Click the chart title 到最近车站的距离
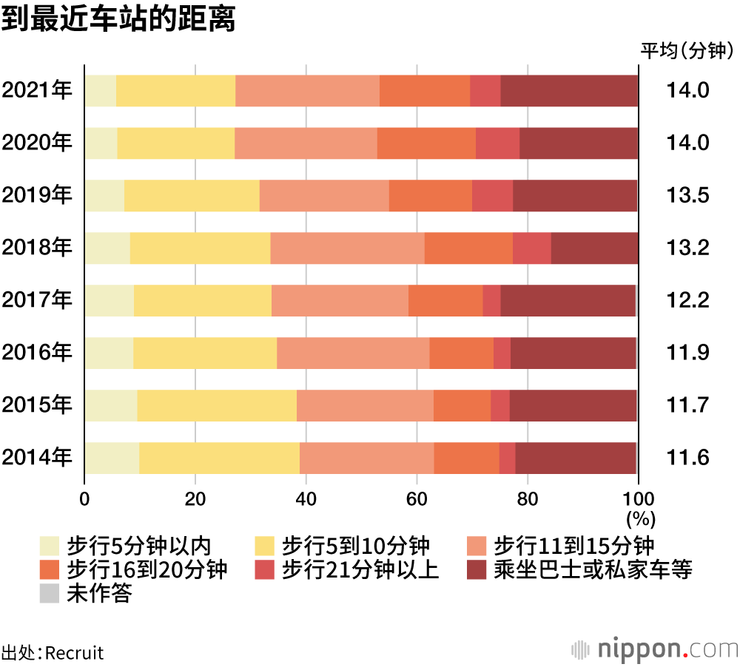click(x=118, y=20)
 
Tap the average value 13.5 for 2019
click(x=688, y=195)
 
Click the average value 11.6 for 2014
click(x=688, y=458)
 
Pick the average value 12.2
click(x=688, y=300)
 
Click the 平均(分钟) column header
click(x=687, y=51)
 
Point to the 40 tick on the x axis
click(x=306, y=497)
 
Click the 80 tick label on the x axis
click(x=528, y=497)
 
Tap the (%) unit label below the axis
click(x=641, y=516)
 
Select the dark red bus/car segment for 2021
click(x=569, y=90)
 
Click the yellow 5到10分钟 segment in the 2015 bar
click(x=217, y=405)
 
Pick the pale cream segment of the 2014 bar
click(x=112, y=458)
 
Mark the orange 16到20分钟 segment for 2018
click(x=468, y=248)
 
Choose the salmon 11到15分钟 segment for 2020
click(x=306, y=143)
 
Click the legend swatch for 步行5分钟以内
click(x=50, y=546)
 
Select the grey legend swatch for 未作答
click(x=50, y=593)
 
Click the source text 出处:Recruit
click(x=53, y=653)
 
